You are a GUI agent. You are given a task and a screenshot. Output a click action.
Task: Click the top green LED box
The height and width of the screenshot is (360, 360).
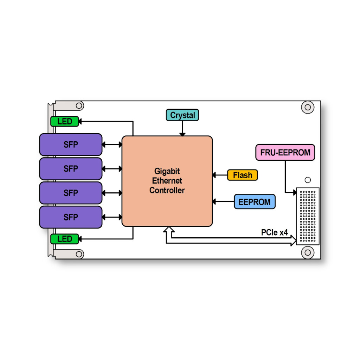coord(65,122)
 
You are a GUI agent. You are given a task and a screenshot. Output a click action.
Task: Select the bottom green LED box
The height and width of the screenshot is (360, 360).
coord(65,239)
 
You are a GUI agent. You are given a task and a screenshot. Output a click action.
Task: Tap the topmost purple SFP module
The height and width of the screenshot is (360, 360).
coord(71,144)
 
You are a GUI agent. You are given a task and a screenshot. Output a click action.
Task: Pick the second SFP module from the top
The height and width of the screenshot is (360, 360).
coord(71,169)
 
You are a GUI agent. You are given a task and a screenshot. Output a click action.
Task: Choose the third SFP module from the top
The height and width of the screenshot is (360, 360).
coord(71,193)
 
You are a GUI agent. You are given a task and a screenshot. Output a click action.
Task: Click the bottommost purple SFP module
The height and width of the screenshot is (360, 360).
coord(71,217)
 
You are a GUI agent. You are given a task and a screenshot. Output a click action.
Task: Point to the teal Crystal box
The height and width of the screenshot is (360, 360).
coord(182,115)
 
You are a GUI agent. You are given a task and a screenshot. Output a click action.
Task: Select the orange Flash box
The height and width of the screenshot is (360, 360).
coord(242,175)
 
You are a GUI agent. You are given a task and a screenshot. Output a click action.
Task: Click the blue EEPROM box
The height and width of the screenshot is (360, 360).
coord(255,202)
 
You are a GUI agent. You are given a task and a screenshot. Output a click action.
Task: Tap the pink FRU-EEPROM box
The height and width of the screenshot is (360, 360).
coord(285,153)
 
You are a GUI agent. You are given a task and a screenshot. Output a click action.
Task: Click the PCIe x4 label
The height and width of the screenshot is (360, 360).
coord(274,232)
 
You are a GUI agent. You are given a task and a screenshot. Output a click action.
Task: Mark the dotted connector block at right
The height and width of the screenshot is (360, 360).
coord(308,216)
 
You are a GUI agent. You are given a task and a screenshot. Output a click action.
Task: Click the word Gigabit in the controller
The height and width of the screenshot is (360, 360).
coord(167,171)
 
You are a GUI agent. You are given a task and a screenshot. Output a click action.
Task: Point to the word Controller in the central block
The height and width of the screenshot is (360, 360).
coord(167,191)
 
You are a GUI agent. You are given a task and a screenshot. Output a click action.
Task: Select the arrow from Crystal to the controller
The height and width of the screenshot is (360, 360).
coord(182,129)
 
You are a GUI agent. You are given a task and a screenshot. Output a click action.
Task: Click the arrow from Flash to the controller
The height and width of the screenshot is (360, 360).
coord(220,175)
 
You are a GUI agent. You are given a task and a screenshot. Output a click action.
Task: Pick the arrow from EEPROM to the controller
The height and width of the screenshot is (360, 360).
coord(224,202)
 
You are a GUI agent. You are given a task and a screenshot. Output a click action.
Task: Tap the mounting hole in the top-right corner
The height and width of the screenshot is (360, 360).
coord(308,107)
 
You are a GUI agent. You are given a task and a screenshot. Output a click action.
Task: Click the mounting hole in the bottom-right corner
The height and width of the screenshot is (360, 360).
coord(308,252)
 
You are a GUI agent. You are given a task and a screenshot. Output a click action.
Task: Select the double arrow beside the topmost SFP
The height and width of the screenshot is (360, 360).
coord(112,144)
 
